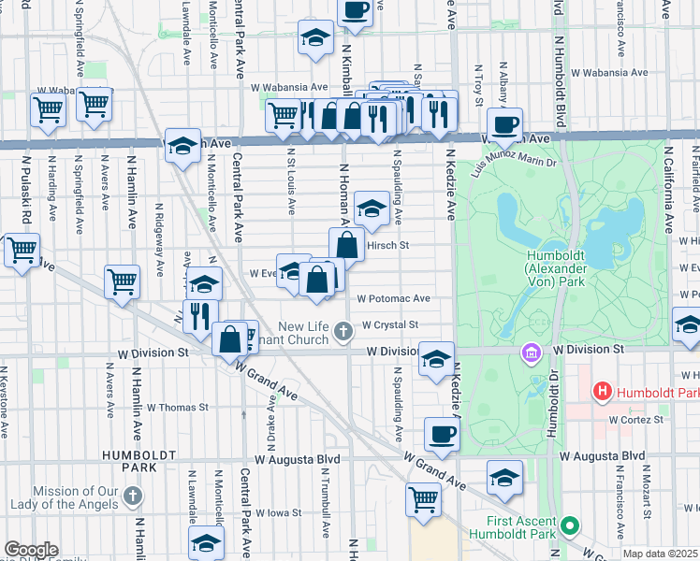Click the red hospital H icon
pos(603,391)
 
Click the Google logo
pos(31,550)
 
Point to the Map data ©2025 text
pos(661,554)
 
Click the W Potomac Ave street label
pos(393,299)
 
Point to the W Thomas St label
pos(178,408)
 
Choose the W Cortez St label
pos(635,420)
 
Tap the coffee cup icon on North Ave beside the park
pos(504,124)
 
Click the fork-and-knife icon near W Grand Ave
pos(200,317)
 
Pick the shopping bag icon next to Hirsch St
pos(347,245)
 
